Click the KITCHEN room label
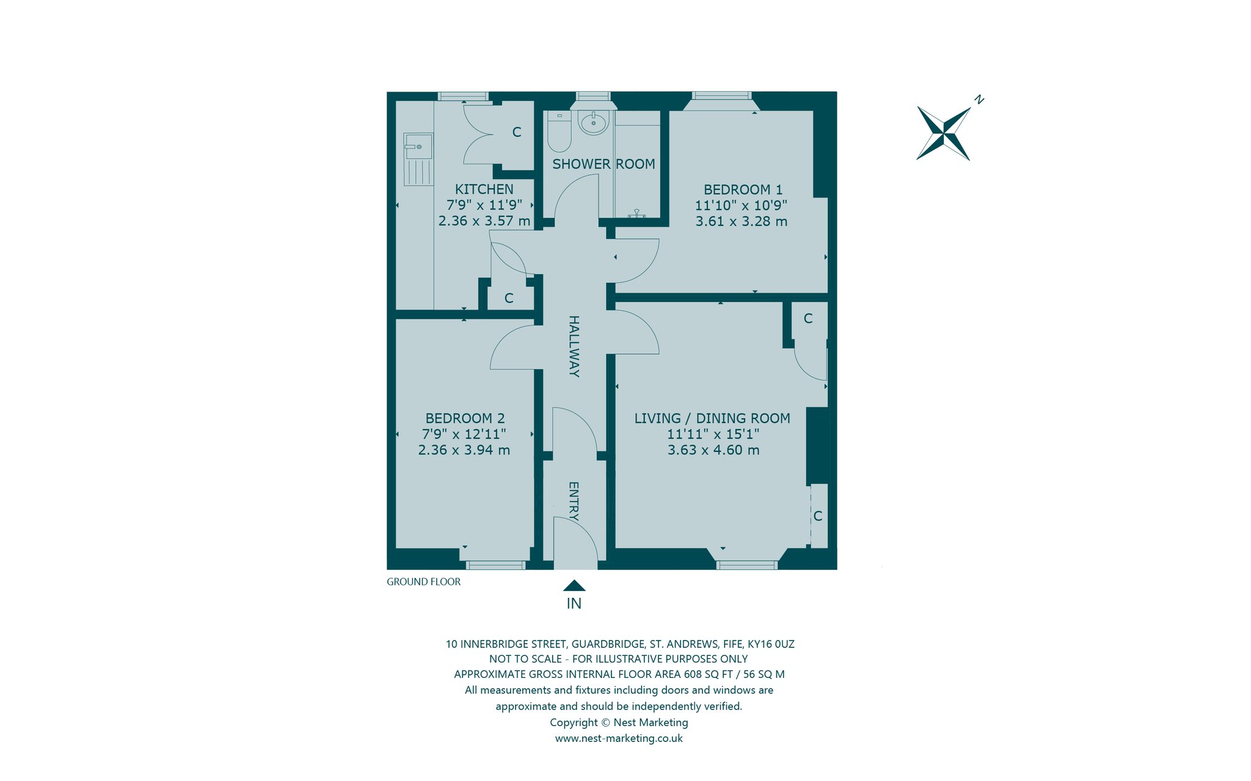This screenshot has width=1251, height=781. [484, 189]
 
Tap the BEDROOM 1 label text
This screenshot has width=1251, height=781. [743, 190]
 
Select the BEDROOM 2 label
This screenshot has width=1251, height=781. [465, 418]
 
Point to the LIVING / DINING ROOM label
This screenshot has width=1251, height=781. [712, 418]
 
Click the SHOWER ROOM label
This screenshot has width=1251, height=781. [604, 164]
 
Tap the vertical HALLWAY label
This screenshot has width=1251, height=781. [574, 346]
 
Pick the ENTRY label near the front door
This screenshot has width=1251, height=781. [574, 501]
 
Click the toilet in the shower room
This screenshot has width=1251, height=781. [559, 131]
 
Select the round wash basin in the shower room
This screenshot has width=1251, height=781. [594, 123]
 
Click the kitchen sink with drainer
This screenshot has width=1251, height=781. [418, 159]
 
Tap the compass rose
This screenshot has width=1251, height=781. [944, 133]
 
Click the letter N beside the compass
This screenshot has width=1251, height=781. [979, 99]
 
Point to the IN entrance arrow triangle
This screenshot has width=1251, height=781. [574, 586]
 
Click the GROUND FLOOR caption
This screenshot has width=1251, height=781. [424, 582]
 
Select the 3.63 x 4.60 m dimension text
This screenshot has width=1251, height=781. [713, 450]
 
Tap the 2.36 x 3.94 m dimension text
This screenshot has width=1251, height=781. [464, 450]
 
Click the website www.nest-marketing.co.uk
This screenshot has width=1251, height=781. [619, 738]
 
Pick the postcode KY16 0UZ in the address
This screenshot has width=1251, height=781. [771, 644]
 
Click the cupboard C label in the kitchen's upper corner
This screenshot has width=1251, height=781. [517, 132]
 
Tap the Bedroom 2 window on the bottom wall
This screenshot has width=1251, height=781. [495, 565]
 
